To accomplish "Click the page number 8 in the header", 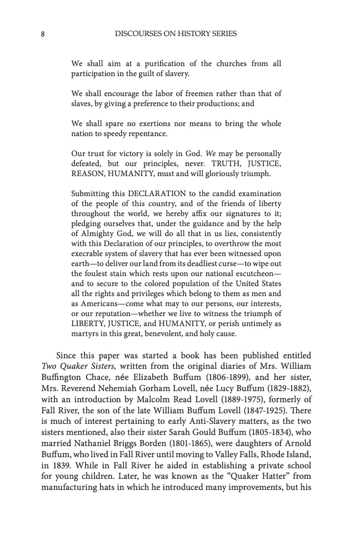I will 43,34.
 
